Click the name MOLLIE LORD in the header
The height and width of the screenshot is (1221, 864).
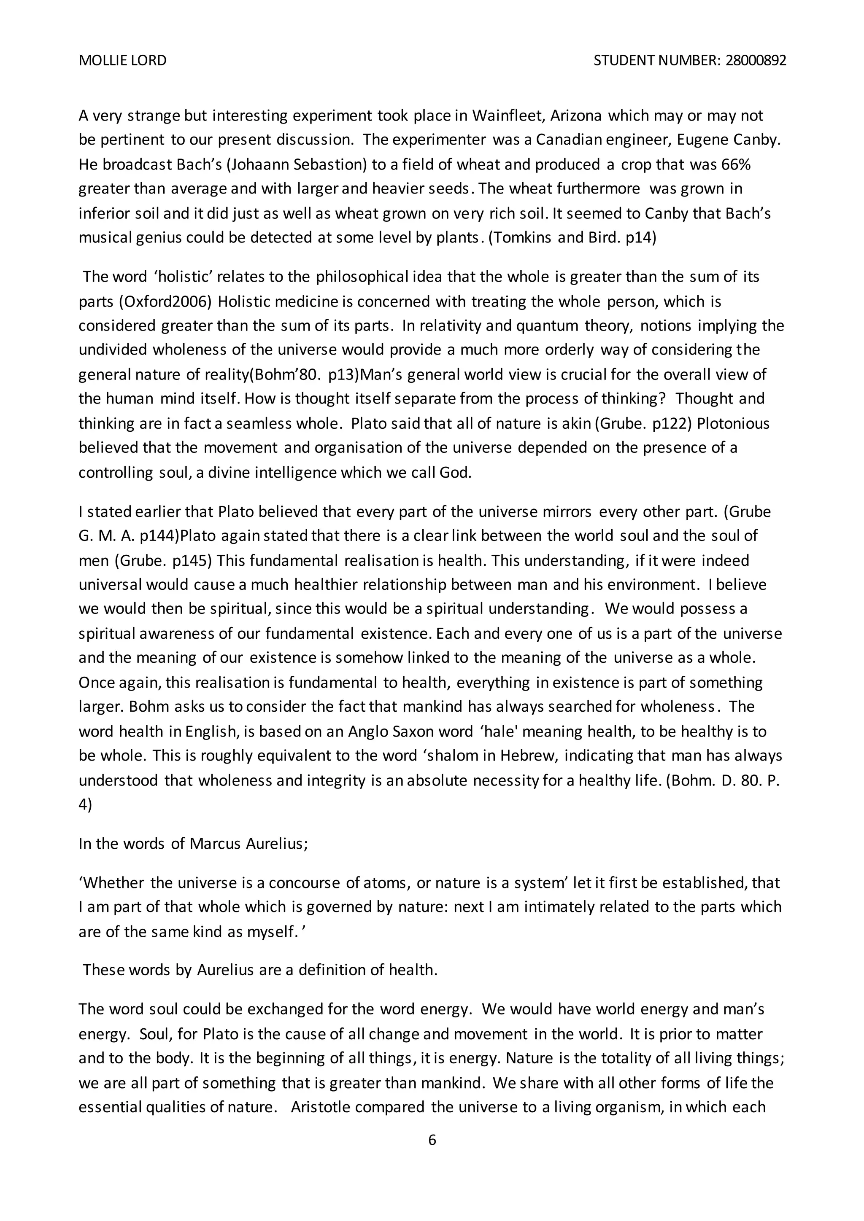coord(122,61)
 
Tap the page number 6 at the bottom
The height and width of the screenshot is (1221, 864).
coord(432,1140)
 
